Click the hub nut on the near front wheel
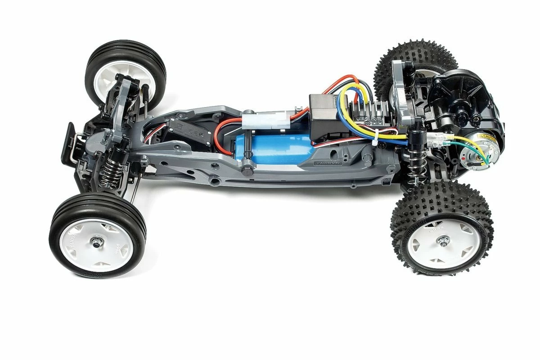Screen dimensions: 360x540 pyautogui.click(x=96, y=243)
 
